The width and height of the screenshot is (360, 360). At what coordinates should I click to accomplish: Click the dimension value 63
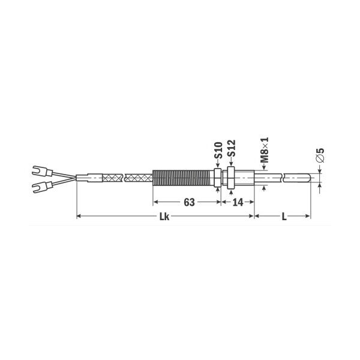(189, 202)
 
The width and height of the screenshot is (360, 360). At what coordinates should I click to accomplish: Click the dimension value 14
(238, 202)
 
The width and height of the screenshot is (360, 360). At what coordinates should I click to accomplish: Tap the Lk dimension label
(164, 217)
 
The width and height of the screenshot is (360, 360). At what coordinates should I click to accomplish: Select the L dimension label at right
(284, 217)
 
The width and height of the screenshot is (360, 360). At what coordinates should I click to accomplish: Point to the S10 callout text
(218, 151)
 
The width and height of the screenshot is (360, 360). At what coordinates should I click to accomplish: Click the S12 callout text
(232, 148)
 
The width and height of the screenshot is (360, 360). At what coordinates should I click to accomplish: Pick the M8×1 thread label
(264, 150)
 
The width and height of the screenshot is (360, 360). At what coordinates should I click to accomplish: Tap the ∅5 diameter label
(320, 155)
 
